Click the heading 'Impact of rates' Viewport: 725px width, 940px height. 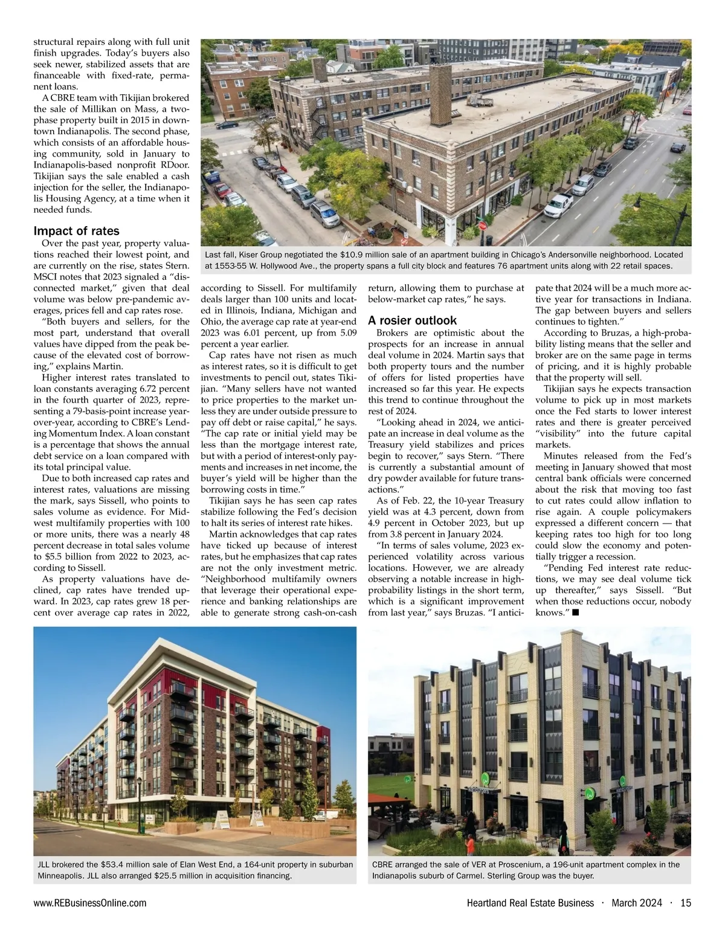coord(76,231)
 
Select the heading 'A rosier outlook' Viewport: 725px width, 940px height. coord(412,320)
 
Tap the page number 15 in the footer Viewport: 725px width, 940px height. coord(685,903)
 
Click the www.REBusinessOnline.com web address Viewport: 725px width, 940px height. coord(89,903)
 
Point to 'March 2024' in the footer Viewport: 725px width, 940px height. coord(637,903)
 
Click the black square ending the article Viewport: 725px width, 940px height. coord(576,613)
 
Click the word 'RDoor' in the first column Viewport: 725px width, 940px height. coord(175,165)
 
